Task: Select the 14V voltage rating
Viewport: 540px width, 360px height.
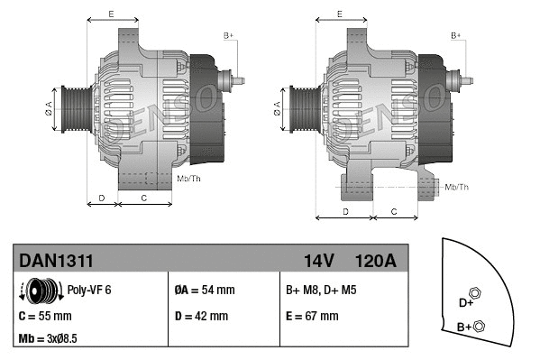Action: [319, 261]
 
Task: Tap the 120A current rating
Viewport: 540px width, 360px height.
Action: [377, 261]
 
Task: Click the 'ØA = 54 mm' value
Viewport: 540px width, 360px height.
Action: [205, 291]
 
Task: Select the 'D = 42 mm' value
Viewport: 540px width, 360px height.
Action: [201, 317]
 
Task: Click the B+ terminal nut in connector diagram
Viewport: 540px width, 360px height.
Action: [479, 326]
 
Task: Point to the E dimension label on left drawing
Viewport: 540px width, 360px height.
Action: [111, 14]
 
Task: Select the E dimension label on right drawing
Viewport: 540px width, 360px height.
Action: [339, 14]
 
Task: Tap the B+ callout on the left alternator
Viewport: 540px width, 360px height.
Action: [228, 35]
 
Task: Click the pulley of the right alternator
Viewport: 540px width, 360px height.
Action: [298, 106]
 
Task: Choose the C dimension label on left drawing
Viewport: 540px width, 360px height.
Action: [144, 197]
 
